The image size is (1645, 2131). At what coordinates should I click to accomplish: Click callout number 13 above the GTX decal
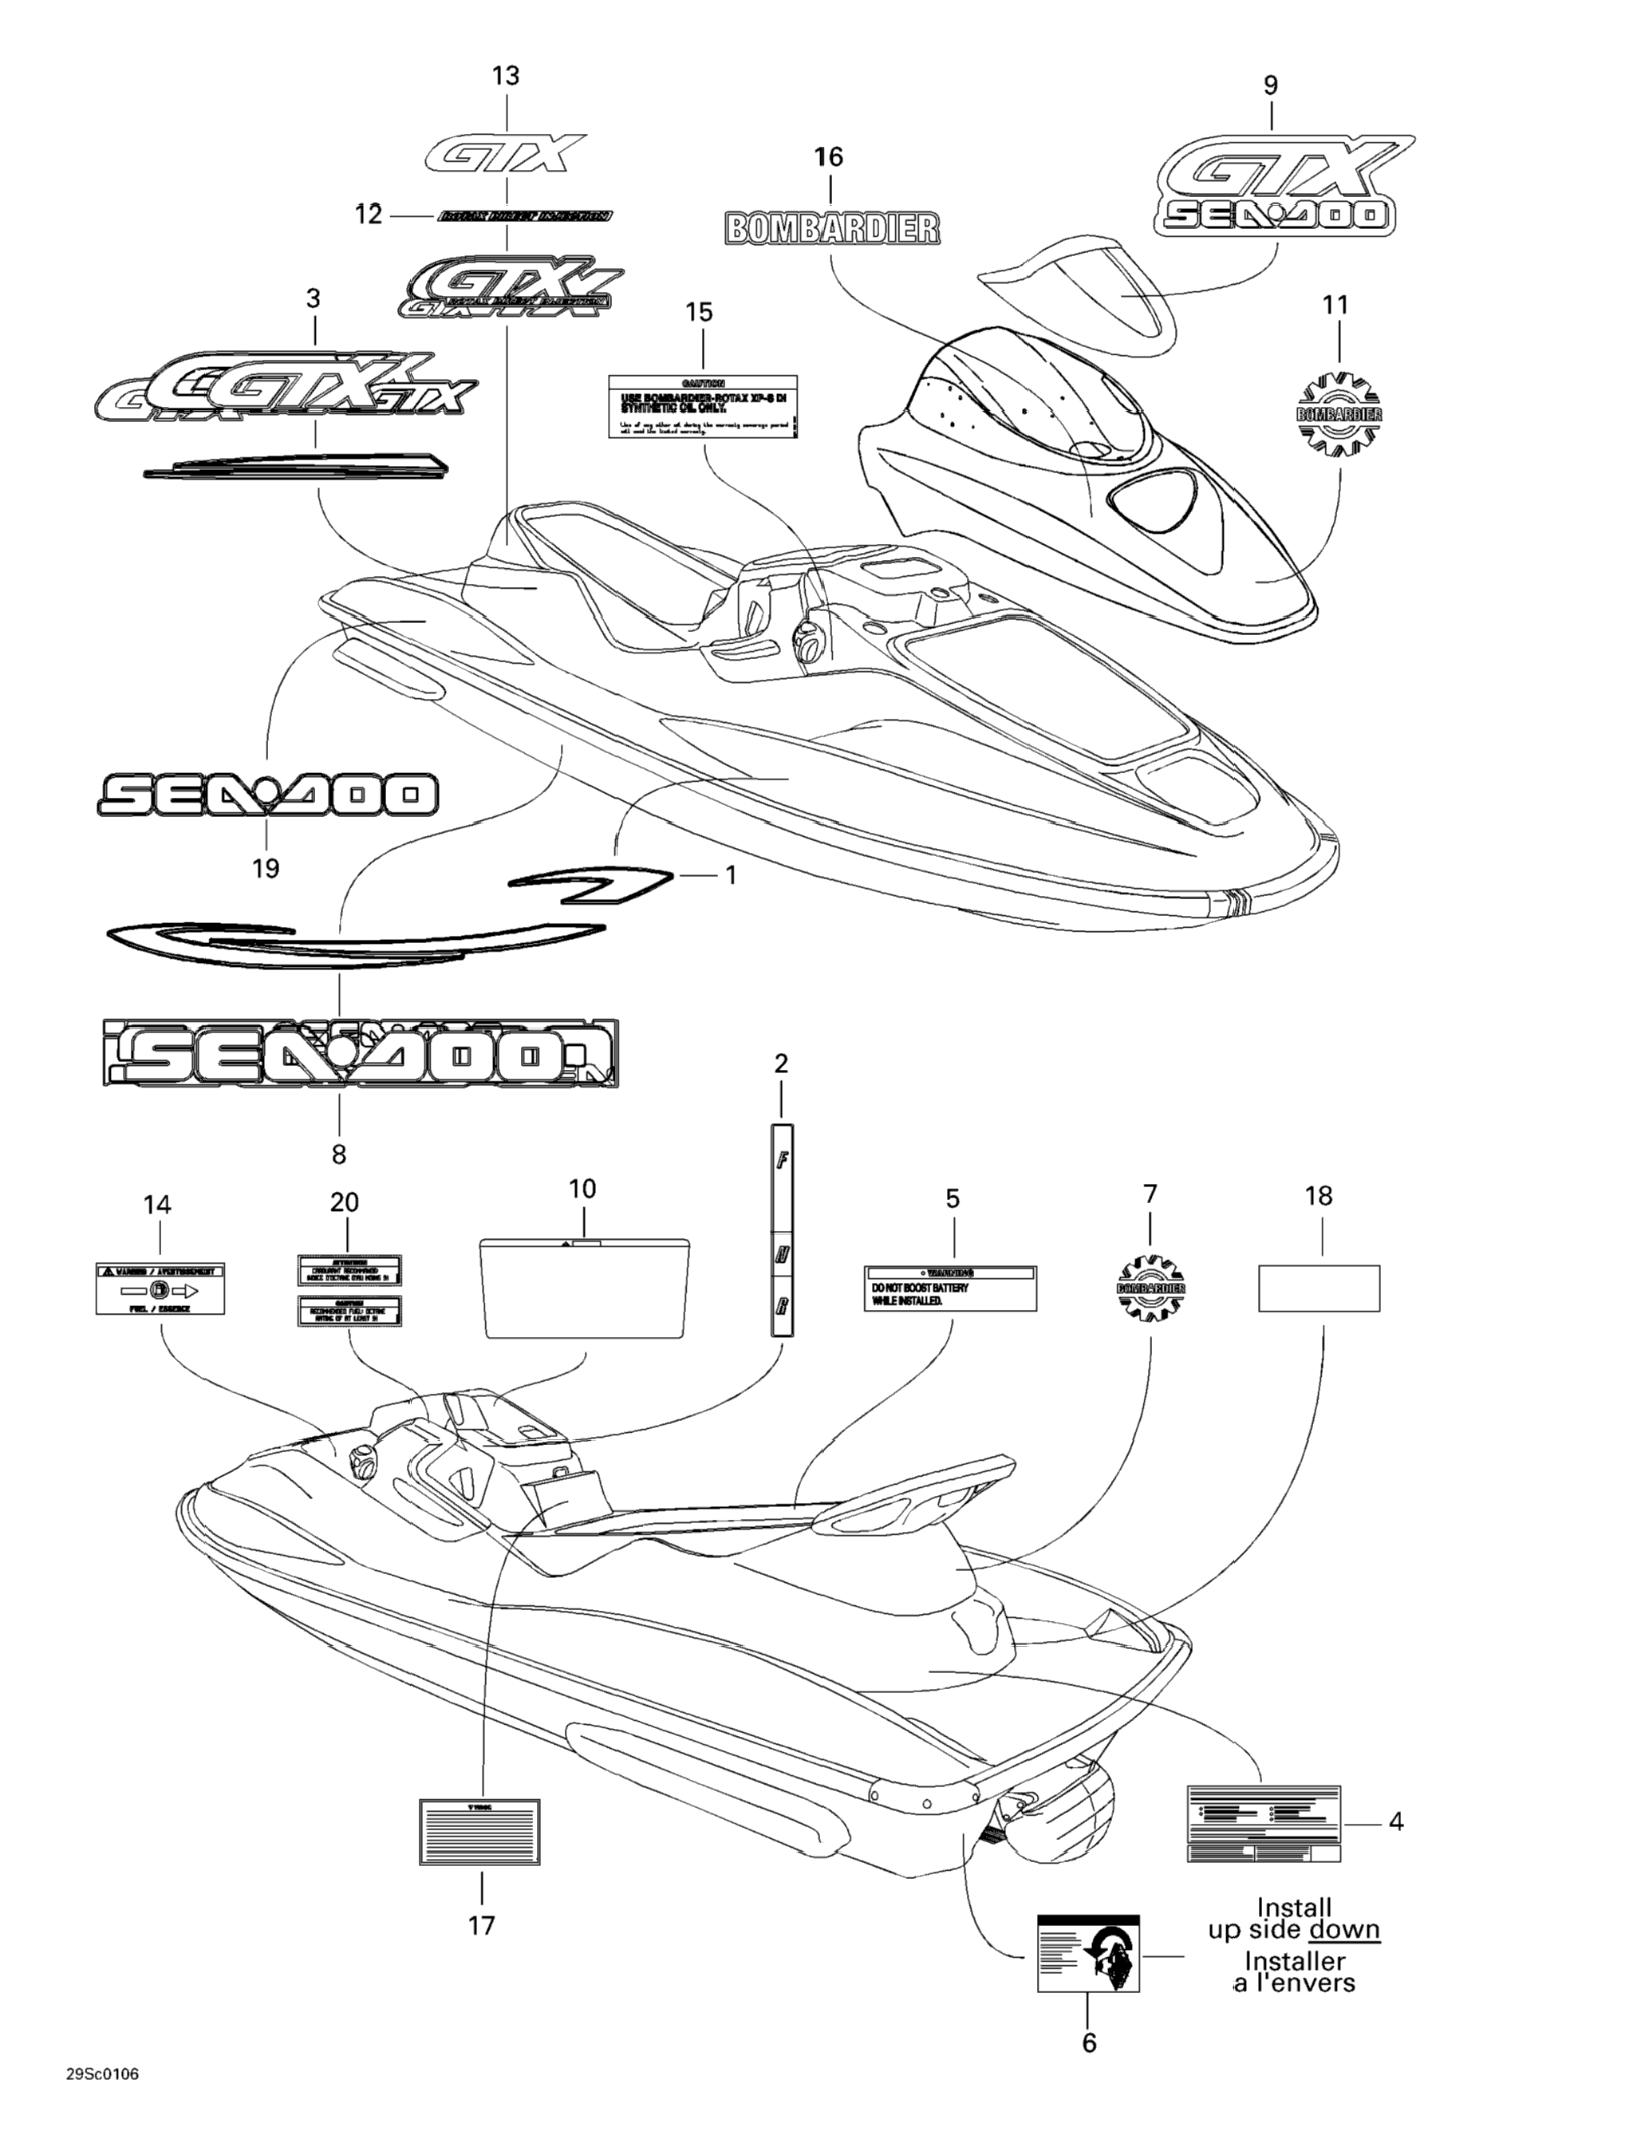[x=506, y=76]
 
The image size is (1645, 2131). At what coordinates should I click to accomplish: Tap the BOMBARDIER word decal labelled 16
[x=832, y=228]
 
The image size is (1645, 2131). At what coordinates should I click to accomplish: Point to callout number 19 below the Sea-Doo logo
[x=266, y=867]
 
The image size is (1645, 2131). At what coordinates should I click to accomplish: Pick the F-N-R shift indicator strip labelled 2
[x=782, y=1229]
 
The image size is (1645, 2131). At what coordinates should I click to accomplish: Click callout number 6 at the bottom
[x=1089, y=2042]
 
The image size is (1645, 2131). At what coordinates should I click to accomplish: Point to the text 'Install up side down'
[x=1294, y=1918]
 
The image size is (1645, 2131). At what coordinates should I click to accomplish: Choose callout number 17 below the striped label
[x=481, y=1925]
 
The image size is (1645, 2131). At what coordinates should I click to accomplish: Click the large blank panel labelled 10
[x=586, y=1288]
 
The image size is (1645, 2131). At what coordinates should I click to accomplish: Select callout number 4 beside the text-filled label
[x=1395, y=1821]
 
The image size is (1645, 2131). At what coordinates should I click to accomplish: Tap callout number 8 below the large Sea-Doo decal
[x=338, y=1154]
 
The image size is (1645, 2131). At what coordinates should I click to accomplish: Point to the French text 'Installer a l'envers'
[x=1294, y=1972]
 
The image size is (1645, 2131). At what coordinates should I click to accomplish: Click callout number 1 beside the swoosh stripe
[x=730, y=875]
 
